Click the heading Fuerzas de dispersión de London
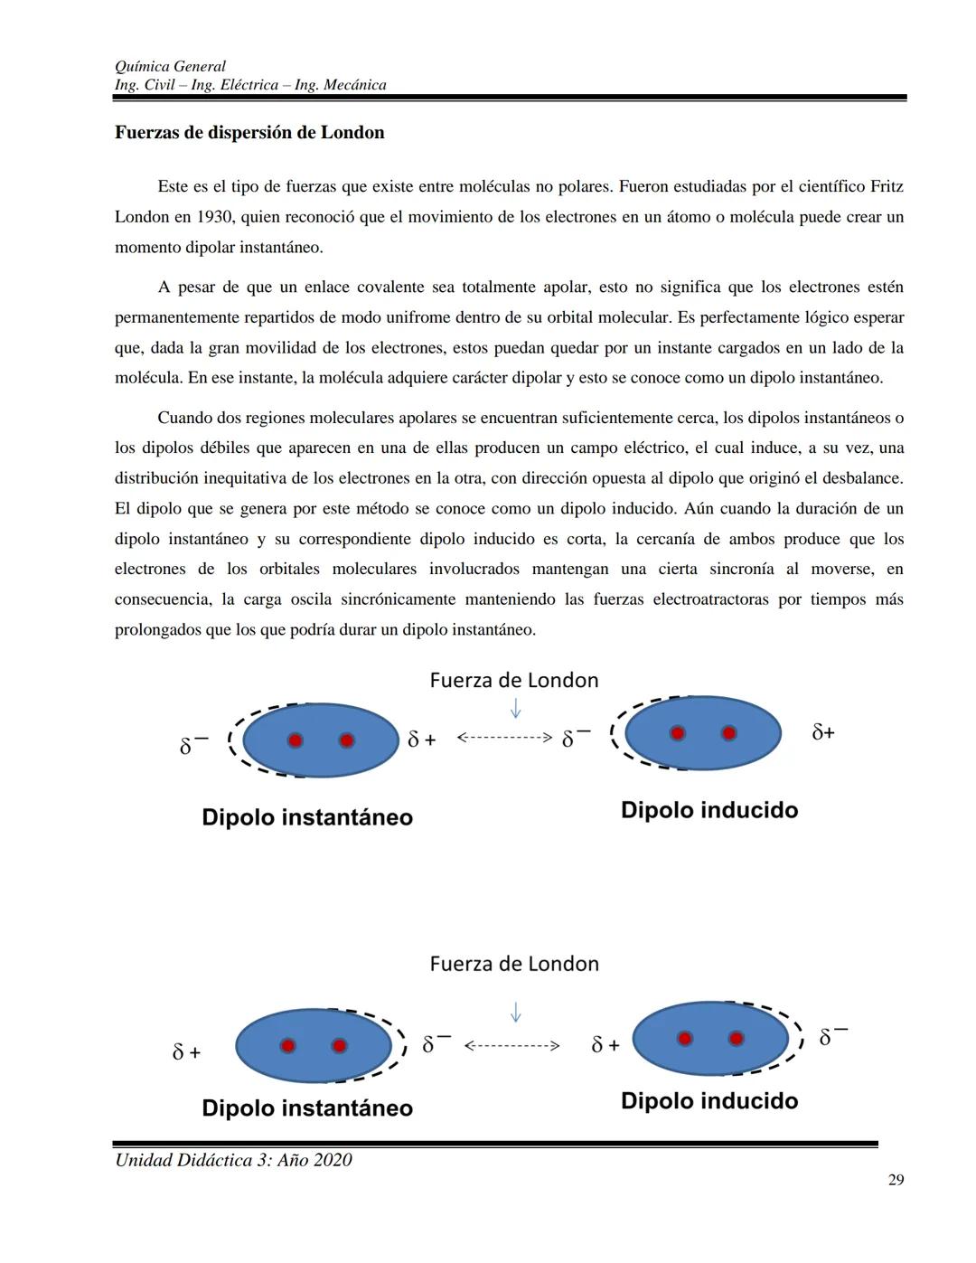249,133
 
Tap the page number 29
896,1180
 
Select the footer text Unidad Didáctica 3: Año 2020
233,1160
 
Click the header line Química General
170,66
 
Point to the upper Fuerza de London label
513,680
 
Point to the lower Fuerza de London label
513,964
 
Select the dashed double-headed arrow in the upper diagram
503,738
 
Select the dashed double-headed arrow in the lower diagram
511,1046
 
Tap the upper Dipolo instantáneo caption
306,817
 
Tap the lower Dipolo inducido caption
709,1101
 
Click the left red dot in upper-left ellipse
295,740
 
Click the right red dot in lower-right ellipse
736,1039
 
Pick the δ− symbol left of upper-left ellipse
192,745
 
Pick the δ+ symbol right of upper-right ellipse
822,732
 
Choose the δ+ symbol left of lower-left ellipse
186,1052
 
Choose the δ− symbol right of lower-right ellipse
832,1037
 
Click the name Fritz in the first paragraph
886,187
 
